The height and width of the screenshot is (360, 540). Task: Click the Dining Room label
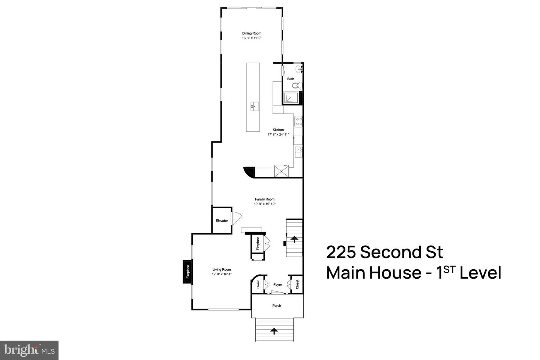252,33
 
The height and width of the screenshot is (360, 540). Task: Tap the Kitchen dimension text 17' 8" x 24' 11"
278,134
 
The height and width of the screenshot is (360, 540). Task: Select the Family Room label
265,199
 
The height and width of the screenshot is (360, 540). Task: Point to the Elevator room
222,220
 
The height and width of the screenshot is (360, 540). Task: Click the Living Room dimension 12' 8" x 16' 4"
222,274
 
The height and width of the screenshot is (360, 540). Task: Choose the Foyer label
277,285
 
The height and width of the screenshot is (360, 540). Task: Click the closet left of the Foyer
258,285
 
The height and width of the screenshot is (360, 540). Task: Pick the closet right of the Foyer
297,284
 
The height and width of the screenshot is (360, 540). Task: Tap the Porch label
277,306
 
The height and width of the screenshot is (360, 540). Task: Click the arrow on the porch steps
274,330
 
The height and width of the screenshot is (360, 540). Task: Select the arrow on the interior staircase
294,238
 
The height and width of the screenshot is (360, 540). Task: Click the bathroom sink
299,69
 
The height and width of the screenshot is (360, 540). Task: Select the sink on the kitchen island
253,106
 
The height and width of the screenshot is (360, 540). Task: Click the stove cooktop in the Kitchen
299,121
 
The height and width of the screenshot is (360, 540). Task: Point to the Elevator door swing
236,218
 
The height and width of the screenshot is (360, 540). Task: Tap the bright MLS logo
29,350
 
